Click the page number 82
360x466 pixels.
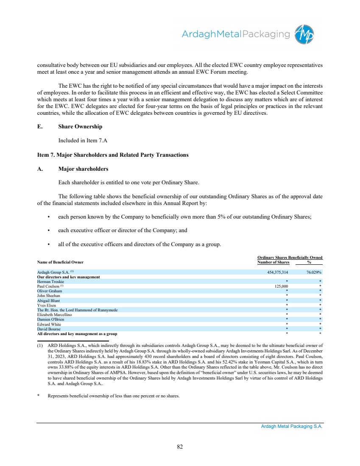tap(180, 446)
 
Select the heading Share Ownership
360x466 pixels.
tap(80, 127)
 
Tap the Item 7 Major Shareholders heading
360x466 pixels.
tap(113, 155)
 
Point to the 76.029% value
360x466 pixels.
tap(314, 272)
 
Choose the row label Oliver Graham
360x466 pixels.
tap(50, 291)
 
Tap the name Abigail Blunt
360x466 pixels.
tap(49, 300)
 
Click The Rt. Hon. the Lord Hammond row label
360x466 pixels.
tap(77, 310)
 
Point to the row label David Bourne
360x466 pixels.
tap(49, 329)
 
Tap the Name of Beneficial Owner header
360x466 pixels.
tap(61, 262)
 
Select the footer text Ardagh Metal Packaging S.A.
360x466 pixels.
tap(292, 427)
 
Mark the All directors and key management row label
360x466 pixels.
tap(77, 334)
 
